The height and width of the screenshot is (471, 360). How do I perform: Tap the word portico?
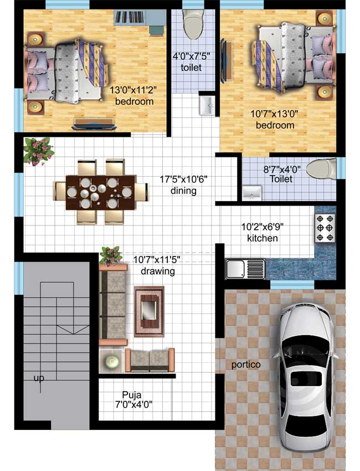click(246, 365)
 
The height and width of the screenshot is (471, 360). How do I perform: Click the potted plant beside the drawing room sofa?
click(111, 255)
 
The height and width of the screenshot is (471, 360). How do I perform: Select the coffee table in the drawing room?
click(149, 311)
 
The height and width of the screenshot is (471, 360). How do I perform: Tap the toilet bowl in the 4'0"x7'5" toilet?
click(193, 25)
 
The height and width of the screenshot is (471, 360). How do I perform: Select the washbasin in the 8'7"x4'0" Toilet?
click(252, 193)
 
